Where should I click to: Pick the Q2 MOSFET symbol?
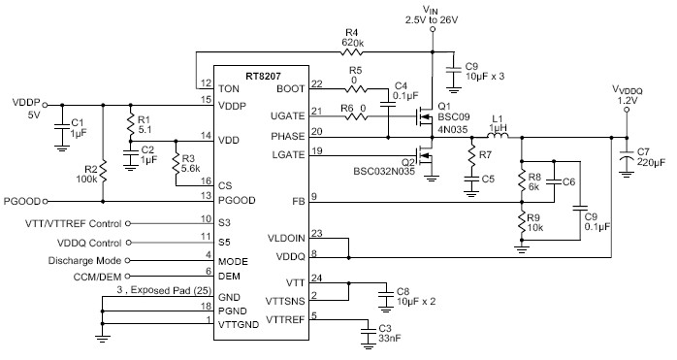tap(423, 160)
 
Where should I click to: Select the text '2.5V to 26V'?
tap(433, 19)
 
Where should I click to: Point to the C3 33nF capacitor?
tap(368, 330)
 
